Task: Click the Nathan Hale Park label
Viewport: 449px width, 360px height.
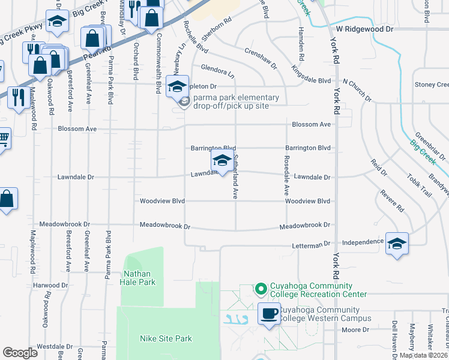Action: pyautogui.click(x=139, y=277)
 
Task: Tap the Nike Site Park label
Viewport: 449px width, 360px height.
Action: pyautogui.click(x=166, y=339)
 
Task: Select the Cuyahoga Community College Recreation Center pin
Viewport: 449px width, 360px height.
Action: pyautogui.click(x=261, y=290)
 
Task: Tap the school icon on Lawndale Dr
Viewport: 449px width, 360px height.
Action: pyautogui.click(x=221, y=161)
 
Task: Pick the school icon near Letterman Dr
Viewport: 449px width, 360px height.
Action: pyautogui.click(x=397, y=243)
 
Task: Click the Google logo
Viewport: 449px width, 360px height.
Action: pyautogui.click(x=20, y=353)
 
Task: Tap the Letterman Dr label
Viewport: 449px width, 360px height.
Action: pyautogui.click(x=312, y=244)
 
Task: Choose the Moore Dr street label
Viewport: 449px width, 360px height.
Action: pyautogui.click(x=356, y=330)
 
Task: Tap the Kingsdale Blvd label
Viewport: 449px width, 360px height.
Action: pyautogui.click(x=311, y=80)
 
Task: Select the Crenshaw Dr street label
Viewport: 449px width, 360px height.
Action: pyautogui.click(x=261, y=58)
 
